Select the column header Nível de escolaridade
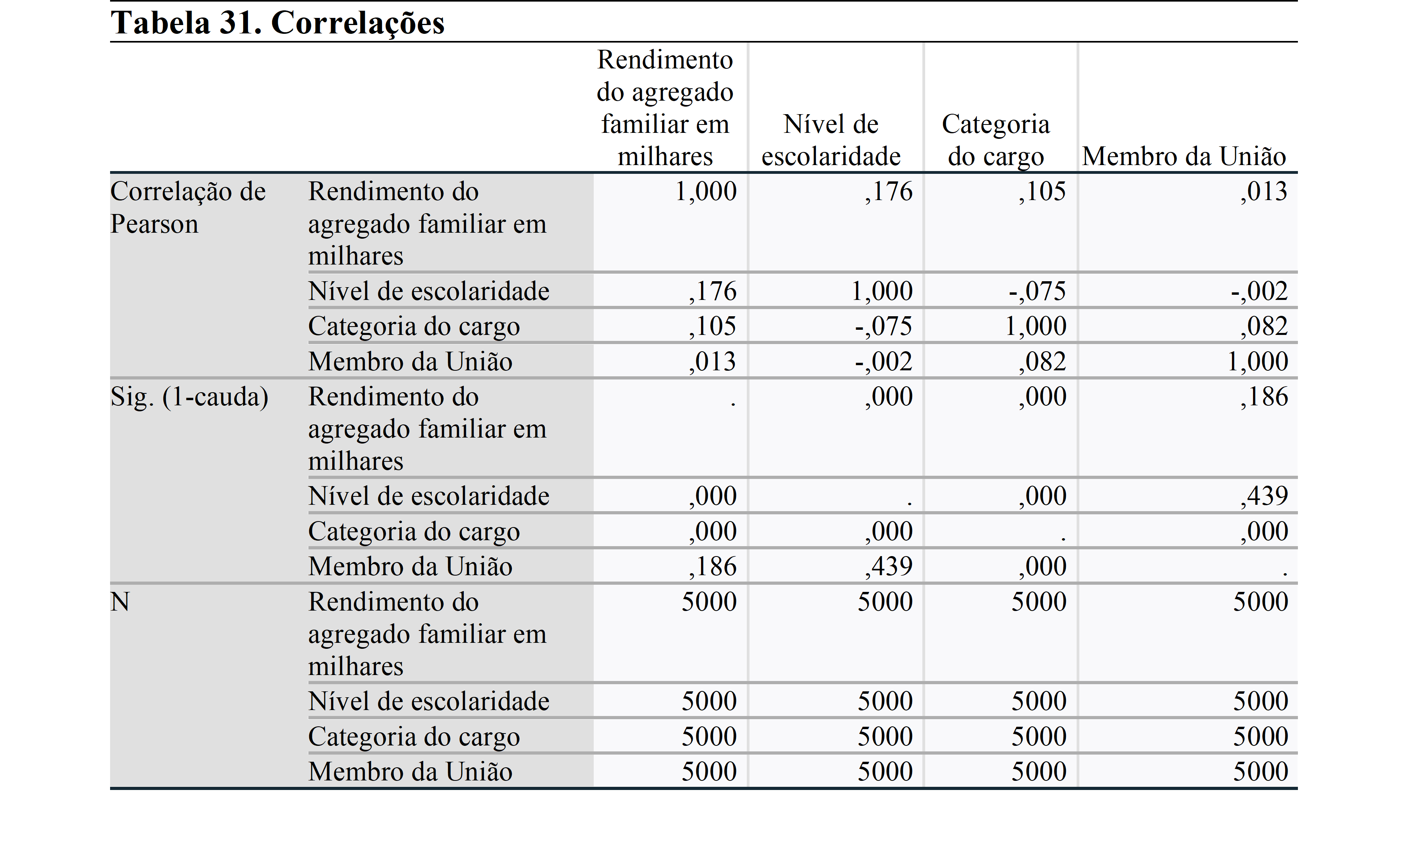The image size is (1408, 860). (x=831, y=140)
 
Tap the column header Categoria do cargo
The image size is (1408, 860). (x=995, y=140)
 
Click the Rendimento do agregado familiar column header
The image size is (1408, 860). (x=665, y=108)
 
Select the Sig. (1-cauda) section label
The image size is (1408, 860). (x=189, y=397)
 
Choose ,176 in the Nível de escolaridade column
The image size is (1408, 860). (x=889, y=192)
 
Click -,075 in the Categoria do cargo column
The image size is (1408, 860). (x=1037, y=291)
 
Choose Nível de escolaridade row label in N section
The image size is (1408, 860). (x=428, y=701)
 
